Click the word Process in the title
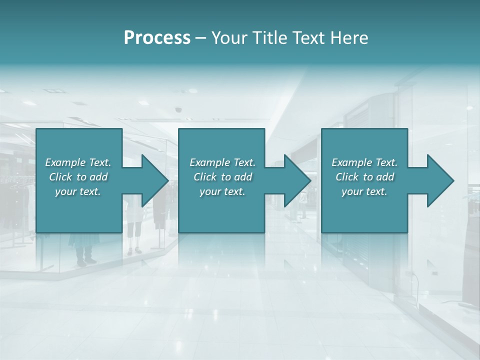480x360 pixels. (x=157, y=38)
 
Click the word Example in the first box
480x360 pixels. (x=65, y=162)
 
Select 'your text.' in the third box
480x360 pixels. (x=364, y=191)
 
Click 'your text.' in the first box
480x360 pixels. (x=78, y=191)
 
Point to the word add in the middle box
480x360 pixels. (x=243, y=177)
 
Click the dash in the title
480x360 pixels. (x=201, y=38)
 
